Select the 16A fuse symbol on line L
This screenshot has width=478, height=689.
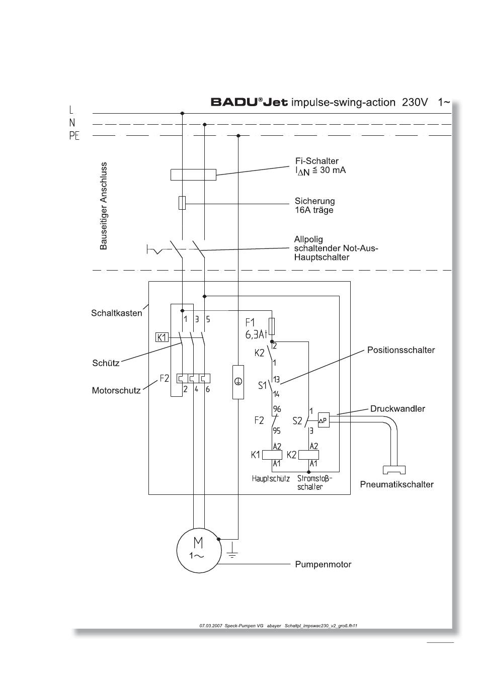click(x=182, y=203)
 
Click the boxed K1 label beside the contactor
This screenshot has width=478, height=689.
click(x=162, y=337)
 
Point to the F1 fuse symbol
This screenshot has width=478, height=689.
click(x=272, y=326)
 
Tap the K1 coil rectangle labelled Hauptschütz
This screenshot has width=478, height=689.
click(x=272, y=455)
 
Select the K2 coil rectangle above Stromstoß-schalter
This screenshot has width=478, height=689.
click(x=309, y=455)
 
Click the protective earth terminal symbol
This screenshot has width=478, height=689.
click(x=238, y=382)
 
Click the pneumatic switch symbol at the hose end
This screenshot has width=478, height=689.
click(x=394, y=470)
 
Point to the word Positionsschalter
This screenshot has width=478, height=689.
click(x=401, y=350)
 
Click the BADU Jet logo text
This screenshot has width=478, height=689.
click(x=249, y=102)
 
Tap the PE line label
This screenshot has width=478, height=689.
click(x=74, y=136)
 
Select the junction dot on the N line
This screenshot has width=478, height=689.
click(x=204, y=125)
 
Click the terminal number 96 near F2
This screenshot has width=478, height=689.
click(x=277, y=409)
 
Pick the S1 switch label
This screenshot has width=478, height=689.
click(x=262, y=385)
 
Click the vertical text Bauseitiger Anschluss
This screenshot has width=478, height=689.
click(x=104, y=206)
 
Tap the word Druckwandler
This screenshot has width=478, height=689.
click(x=397, y=409)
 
